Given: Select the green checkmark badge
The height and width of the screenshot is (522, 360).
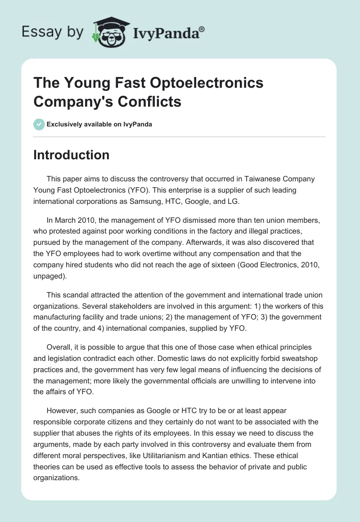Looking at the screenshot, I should [39, 124].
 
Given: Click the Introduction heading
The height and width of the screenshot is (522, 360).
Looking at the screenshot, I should [71, 155].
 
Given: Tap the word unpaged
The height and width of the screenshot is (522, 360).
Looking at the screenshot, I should [50, 276].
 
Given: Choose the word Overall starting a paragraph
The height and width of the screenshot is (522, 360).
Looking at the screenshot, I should [59, 348].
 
